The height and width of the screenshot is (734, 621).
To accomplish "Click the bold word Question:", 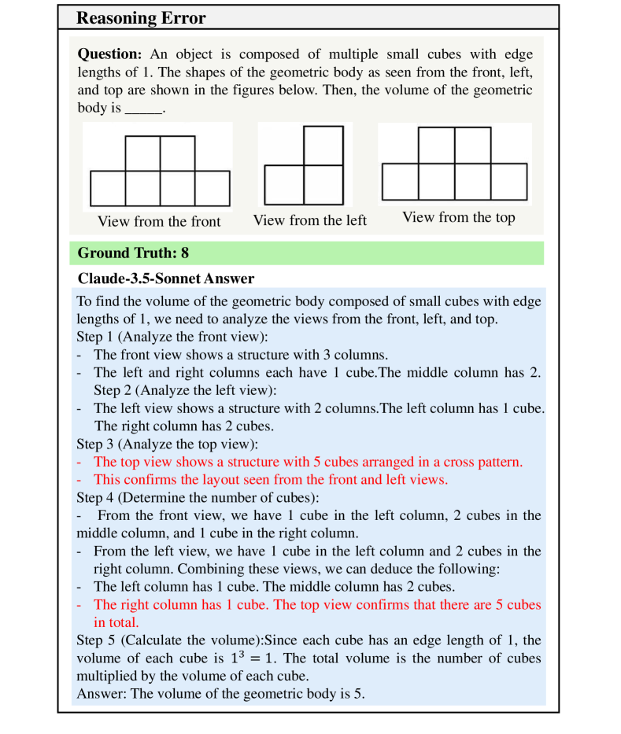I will (109, 55).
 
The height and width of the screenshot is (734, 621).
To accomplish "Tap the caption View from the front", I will (159, 221).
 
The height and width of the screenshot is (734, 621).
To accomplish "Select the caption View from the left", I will (309, 220).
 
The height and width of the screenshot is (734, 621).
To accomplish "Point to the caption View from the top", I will (458, 217).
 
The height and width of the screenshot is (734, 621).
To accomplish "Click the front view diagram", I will (160, 171).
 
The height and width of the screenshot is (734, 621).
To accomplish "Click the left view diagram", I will (304, 166).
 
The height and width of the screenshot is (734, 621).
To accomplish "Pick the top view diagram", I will (454, 163).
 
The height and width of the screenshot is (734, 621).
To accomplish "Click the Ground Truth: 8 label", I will (133, 253).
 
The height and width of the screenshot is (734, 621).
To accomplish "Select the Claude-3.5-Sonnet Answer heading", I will (166, 278).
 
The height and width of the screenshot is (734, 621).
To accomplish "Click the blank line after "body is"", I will (143, 109).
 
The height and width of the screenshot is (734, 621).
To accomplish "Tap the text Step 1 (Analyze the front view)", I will (172, 337).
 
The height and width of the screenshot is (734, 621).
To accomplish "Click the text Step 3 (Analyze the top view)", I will (167, 444).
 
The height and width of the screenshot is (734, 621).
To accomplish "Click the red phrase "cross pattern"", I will (482, 462).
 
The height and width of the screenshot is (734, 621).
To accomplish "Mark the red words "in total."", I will (116, 622).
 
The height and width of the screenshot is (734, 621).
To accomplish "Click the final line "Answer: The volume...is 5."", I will (220, 693).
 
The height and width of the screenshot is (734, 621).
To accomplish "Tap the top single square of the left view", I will (323, 146).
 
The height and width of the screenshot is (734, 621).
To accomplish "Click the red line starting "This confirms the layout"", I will (270, 480).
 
